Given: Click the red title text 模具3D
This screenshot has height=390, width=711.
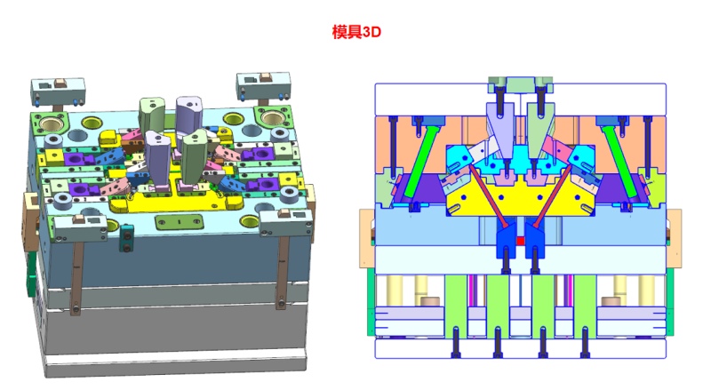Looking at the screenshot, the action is coord(356,32).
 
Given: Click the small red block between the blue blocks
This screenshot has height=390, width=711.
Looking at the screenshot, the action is coord(520,241).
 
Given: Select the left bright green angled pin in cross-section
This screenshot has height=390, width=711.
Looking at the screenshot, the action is coord(419,162).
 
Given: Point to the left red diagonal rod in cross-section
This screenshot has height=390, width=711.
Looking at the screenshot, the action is coord(488,196).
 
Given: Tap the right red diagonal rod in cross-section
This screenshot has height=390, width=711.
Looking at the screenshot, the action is coord(552,196).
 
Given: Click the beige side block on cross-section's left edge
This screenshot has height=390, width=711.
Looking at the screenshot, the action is coord(366,238).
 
